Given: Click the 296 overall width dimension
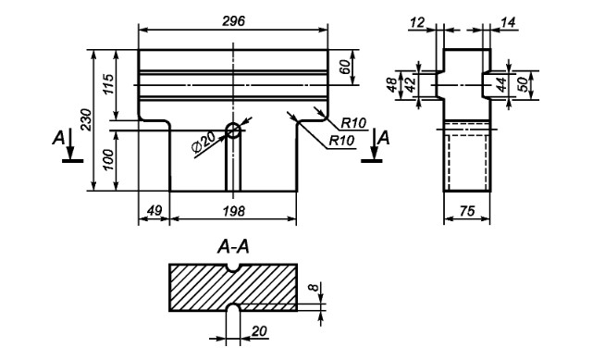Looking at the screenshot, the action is click(233, 20).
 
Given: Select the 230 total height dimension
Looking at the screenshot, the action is click(86, 119).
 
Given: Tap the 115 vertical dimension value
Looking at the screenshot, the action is click(107, 85).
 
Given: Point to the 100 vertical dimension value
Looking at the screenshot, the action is click(108, 159).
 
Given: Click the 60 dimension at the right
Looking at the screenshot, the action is click(344, 67).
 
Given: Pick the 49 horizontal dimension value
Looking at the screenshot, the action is click(154, 210).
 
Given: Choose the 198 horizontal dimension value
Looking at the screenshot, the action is click(233, 211).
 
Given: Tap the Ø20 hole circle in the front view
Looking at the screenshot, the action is click(233, 130).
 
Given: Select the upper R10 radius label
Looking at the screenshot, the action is click(353, 123).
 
